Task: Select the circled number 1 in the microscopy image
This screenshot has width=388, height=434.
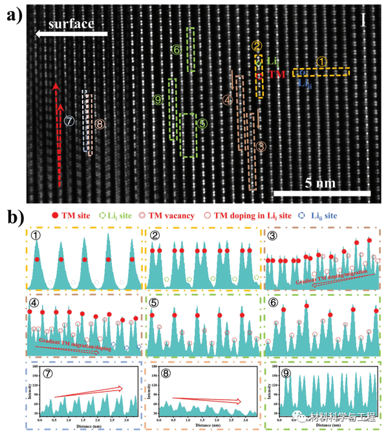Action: [x=321, y=60]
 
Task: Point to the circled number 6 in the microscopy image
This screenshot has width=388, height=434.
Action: [x=177, y=49]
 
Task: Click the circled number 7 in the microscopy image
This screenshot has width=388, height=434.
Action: [x=69, y=120]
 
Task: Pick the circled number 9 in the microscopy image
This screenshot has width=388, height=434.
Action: [x=158, y=100]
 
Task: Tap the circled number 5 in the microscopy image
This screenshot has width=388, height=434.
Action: [x=202, y=123]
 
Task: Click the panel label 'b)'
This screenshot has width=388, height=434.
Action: [x=14, y=215]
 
